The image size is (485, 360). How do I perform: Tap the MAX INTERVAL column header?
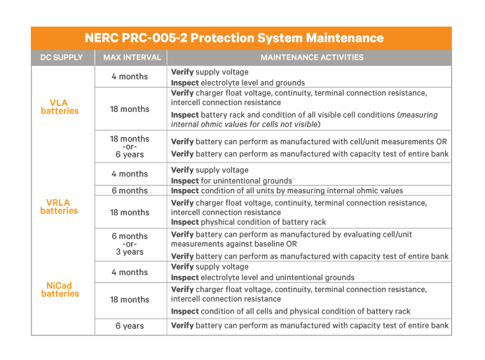pos(132,57)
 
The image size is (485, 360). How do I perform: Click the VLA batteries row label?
pos(60,106)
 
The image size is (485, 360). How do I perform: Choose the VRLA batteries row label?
pos(60,207)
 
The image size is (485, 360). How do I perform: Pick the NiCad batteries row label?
pos(60,289)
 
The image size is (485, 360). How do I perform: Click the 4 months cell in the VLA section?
pos(130,76)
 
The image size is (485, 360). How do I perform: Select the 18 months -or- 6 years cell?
pos(130,146)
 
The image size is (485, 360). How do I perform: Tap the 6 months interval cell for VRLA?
pos(130,191)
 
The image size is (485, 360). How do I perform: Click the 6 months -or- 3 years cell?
pos(130,244)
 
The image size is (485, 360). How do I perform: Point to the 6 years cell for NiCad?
pos(130,326)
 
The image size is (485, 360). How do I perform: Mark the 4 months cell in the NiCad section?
pos(130,272)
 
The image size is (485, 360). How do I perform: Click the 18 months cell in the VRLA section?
pos(130,212)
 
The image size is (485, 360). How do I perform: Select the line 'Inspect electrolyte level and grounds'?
pos(238,83)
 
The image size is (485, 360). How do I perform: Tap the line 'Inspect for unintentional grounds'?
pos(231,181)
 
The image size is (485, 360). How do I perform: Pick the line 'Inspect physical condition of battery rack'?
pos(248,222)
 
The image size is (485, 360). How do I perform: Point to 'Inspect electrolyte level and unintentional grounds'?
pos(262,277)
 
